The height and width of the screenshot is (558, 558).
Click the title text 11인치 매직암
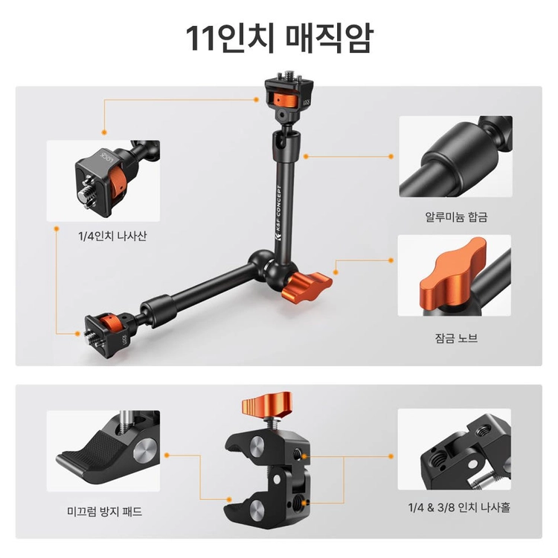(279, 38)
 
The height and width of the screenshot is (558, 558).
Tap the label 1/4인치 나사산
(112, 236)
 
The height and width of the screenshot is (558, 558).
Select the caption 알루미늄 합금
(456, 217)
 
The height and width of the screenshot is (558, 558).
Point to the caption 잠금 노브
(456, 337)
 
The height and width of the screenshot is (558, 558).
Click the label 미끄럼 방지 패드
(105, 511)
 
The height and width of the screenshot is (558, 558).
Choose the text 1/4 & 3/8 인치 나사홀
(459, 507)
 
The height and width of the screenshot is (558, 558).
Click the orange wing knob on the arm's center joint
(307, 285)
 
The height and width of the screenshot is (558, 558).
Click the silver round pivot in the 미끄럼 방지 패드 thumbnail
(146, 451)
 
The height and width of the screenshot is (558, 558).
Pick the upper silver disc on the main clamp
(257, 444)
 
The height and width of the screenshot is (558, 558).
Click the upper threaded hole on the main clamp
(298, 454)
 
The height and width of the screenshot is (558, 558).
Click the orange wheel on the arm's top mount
(286, 100)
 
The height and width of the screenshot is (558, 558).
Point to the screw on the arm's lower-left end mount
(91, 337)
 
